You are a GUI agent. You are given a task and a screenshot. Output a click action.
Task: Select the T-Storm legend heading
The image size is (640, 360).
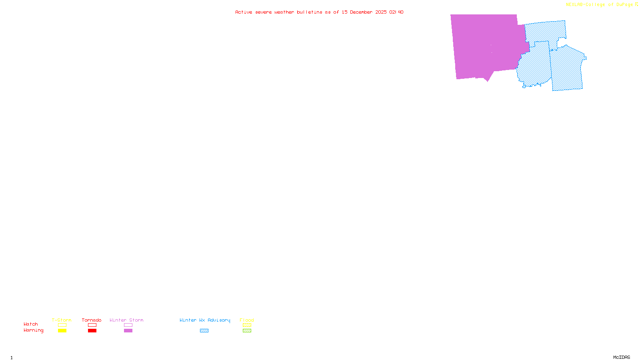pyautogui.click(x=62, y=320)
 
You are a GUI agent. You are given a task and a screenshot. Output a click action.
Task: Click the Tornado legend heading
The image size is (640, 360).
pyautogui.click(x=92, y=320)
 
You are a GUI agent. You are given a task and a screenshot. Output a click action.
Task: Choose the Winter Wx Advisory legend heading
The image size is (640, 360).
pyautogui.click(x=205, y=320)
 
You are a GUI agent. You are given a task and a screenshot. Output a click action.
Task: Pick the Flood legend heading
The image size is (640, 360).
pyautogui.click(x=247, y=320)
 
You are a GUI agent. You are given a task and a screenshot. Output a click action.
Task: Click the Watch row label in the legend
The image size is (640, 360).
pyautogui.click(x=31, y=324)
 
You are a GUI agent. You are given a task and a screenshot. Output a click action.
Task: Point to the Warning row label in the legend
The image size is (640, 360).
pyautogui.click(x=34, y=330)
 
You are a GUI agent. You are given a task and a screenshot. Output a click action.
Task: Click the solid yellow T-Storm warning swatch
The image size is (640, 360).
pyautogui.click(x=62, y=331)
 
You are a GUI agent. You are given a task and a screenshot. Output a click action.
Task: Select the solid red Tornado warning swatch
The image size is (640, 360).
pyautogui.click(x=92, y=331)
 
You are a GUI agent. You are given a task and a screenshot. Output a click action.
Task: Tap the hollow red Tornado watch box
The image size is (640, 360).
pyautogui.click(x=92, y=325)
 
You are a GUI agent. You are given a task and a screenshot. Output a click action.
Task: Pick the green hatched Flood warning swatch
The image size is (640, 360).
pyautogui.click(x=247, y=331)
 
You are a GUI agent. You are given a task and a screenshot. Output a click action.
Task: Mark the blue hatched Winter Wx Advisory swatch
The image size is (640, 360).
pyautogui.click(x=204, y=331)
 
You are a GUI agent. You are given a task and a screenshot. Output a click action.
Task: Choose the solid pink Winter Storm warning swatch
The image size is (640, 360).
pyautogui.click(x=128, y=331)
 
